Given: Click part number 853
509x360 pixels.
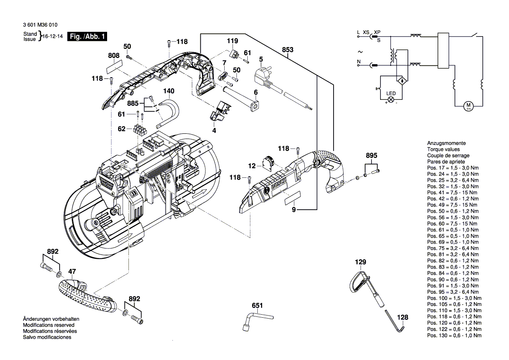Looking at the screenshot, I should tap(287, 50).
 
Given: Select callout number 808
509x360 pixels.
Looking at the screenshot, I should tap(114, 55).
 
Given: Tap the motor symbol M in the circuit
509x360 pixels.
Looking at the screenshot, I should tap(469, 105).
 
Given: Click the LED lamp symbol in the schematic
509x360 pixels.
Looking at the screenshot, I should tap(391, 99).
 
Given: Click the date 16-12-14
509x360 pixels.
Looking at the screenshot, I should tap(53, 37).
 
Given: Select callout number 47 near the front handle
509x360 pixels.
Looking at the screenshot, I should tap(72, 271).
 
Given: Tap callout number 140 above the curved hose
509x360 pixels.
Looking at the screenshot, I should tap(169, 91).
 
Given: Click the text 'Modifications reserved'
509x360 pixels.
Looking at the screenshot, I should tap(48, 325).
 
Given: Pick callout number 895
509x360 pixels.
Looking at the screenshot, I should tap(371, 156).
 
